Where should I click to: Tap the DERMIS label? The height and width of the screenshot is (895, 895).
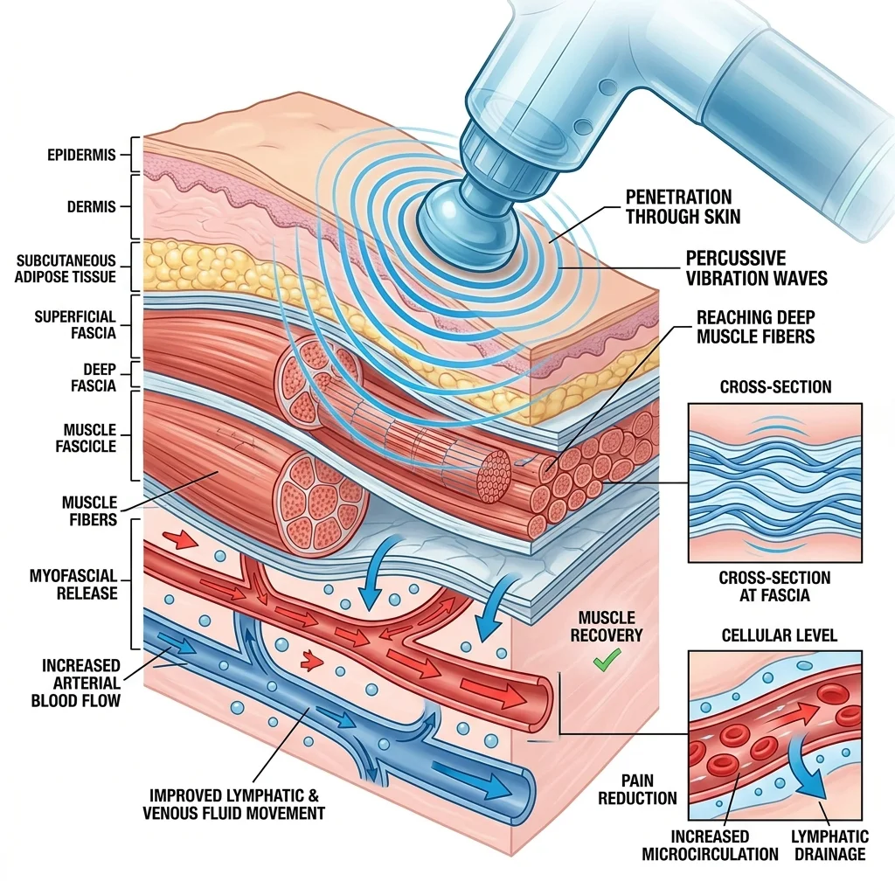pos(91,208)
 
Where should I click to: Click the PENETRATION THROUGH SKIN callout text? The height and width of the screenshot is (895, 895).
pos(678,206)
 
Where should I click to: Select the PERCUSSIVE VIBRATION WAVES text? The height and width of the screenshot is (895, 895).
pos(756,268)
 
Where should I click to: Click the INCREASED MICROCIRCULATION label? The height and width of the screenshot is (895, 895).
pos(710,845)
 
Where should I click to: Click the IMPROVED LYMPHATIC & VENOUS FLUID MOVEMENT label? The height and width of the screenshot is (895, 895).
pos(233,804)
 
